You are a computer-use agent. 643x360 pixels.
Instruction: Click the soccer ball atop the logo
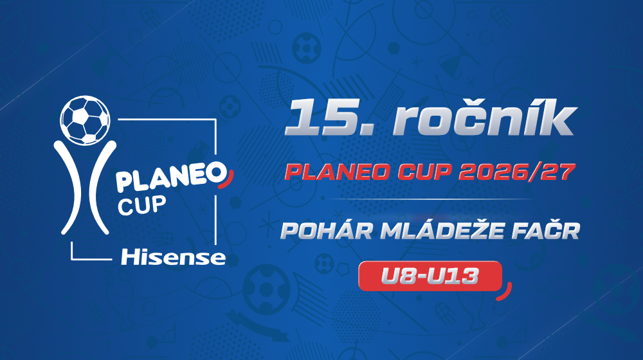pyautogui.click(x=85, y=120)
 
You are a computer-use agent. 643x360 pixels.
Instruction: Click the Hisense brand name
pyautogui.click(x=173, y=258)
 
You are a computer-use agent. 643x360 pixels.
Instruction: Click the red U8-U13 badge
pyautogui.click(x=430, y=276)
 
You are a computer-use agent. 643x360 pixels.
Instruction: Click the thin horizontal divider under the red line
pyautogui.click(x=431, y=199)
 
